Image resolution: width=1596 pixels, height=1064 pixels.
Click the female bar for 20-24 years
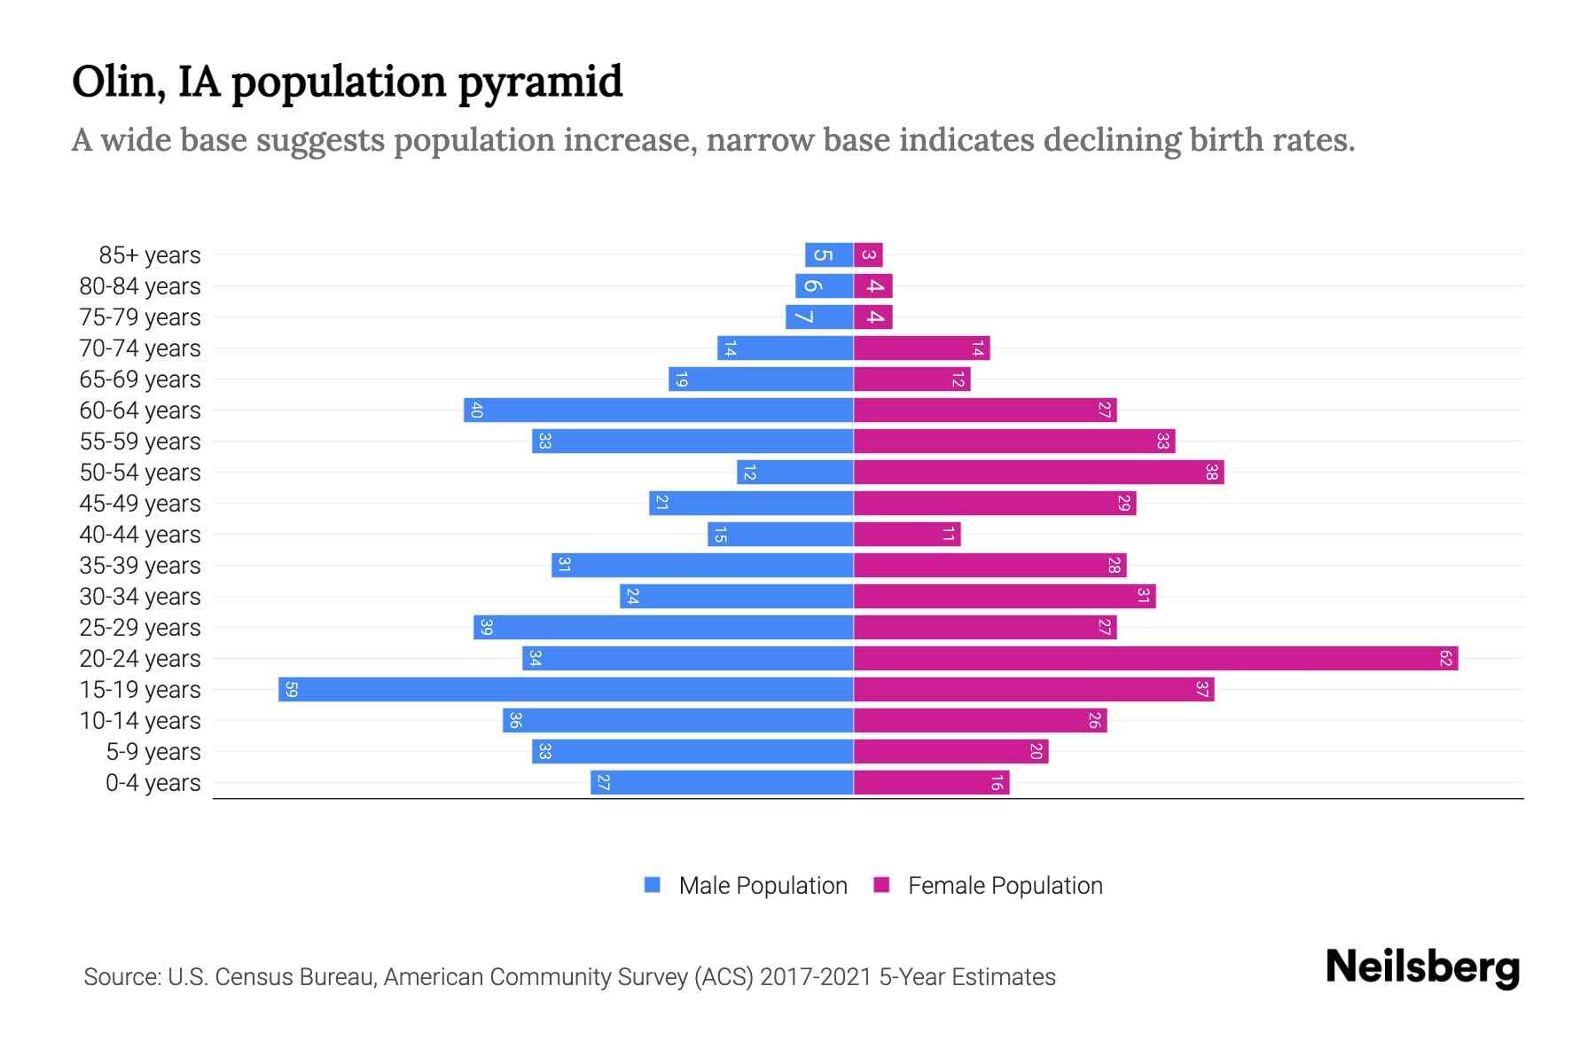click(1155, 658)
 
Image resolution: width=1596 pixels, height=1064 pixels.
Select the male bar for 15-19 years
click(566, 689)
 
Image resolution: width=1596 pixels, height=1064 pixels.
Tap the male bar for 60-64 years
click(658, 410)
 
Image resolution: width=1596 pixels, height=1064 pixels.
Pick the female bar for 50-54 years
click(1038, 472)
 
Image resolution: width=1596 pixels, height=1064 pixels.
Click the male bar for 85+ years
click(829, 254)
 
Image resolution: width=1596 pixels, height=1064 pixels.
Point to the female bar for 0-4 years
click(931, 782)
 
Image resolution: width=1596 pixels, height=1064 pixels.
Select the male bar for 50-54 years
click(794, 472)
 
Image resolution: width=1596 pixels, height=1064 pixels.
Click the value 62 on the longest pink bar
click(1445, 658)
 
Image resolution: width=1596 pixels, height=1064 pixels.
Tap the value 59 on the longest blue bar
click(291, 689)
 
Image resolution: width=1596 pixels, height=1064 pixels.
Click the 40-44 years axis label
click(140, 535)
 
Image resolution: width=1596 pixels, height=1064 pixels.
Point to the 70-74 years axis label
click(140, 348)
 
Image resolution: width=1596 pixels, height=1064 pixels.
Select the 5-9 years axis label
click(153, 752)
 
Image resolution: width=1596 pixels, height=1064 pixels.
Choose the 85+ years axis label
click(150, 255)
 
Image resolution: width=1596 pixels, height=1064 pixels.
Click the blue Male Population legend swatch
click(653, 885)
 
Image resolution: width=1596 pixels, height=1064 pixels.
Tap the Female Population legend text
click(1005, 885)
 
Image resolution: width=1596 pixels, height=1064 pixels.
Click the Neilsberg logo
click(1422, 967)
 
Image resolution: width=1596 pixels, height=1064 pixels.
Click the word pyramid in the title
click(541, 82)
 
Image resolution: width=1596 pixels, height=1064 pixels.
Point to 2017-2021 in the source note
click(815, 977)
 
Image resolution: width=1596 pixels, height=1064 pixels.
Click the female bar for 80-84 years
click(872, 286)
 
